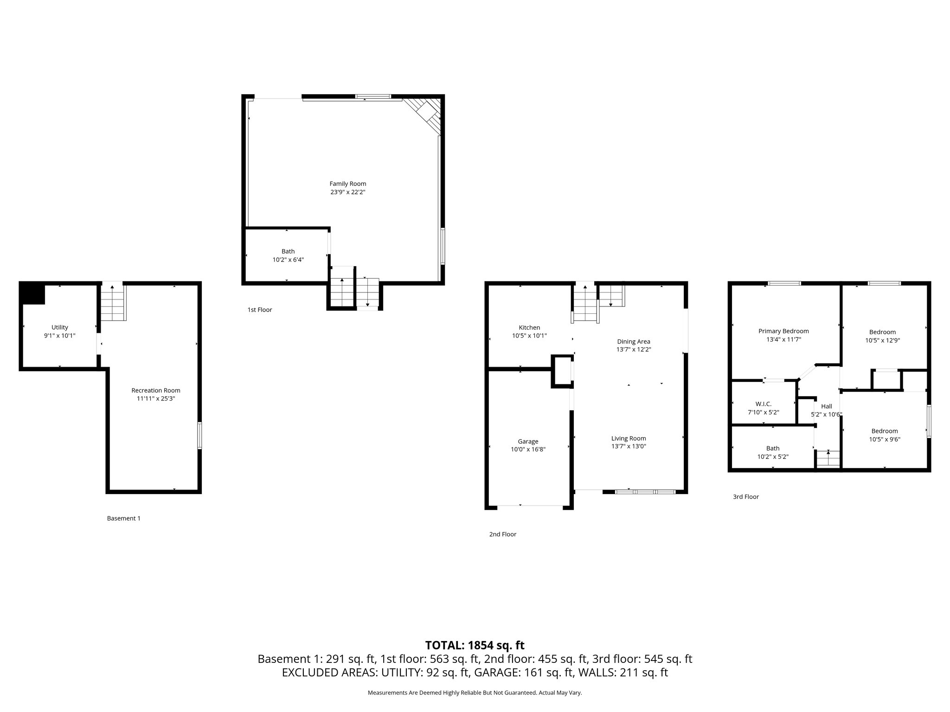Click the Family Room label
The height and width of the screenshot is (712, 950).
point(347,184)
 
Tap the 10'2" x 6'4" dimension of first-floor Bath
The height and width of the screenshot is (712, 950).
point(288,260)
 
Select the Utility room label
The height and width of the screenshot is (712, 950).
point(59,327)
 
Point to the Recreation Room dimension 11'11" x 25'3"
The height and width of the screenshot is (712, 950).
point(155,399)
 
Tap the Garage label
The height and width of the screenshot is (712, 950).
point(528,441)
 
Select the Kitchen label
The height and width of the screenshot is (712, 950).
point(529,327)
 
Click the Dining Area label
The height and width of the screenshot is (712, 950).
point(633,342)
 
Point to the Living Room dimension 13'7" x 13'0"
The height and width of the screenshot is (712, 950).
point(629,446)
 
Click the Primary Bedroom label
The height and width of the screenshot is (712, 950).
point(783,331)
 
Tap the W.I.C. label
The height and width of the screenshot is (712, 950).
point(763,404)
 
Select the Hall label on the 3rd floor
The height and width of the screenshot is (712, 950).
point(826,406)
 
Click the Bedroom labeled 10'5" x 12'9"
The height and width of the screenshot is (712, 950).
point(882,332)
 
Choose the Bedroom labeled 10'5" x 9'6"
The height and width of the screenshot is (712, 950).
point(884,431)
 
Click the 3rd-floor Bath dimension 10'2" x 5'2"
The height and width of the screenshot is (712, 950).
point(773,457)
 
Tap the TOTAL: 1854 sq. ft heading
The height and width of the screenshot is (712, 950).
point(475,645)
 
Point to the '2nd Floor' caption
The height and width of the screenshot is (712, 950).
point(502,534)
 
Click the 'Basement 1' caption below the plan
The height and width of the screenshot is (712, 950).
point(123,518)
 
